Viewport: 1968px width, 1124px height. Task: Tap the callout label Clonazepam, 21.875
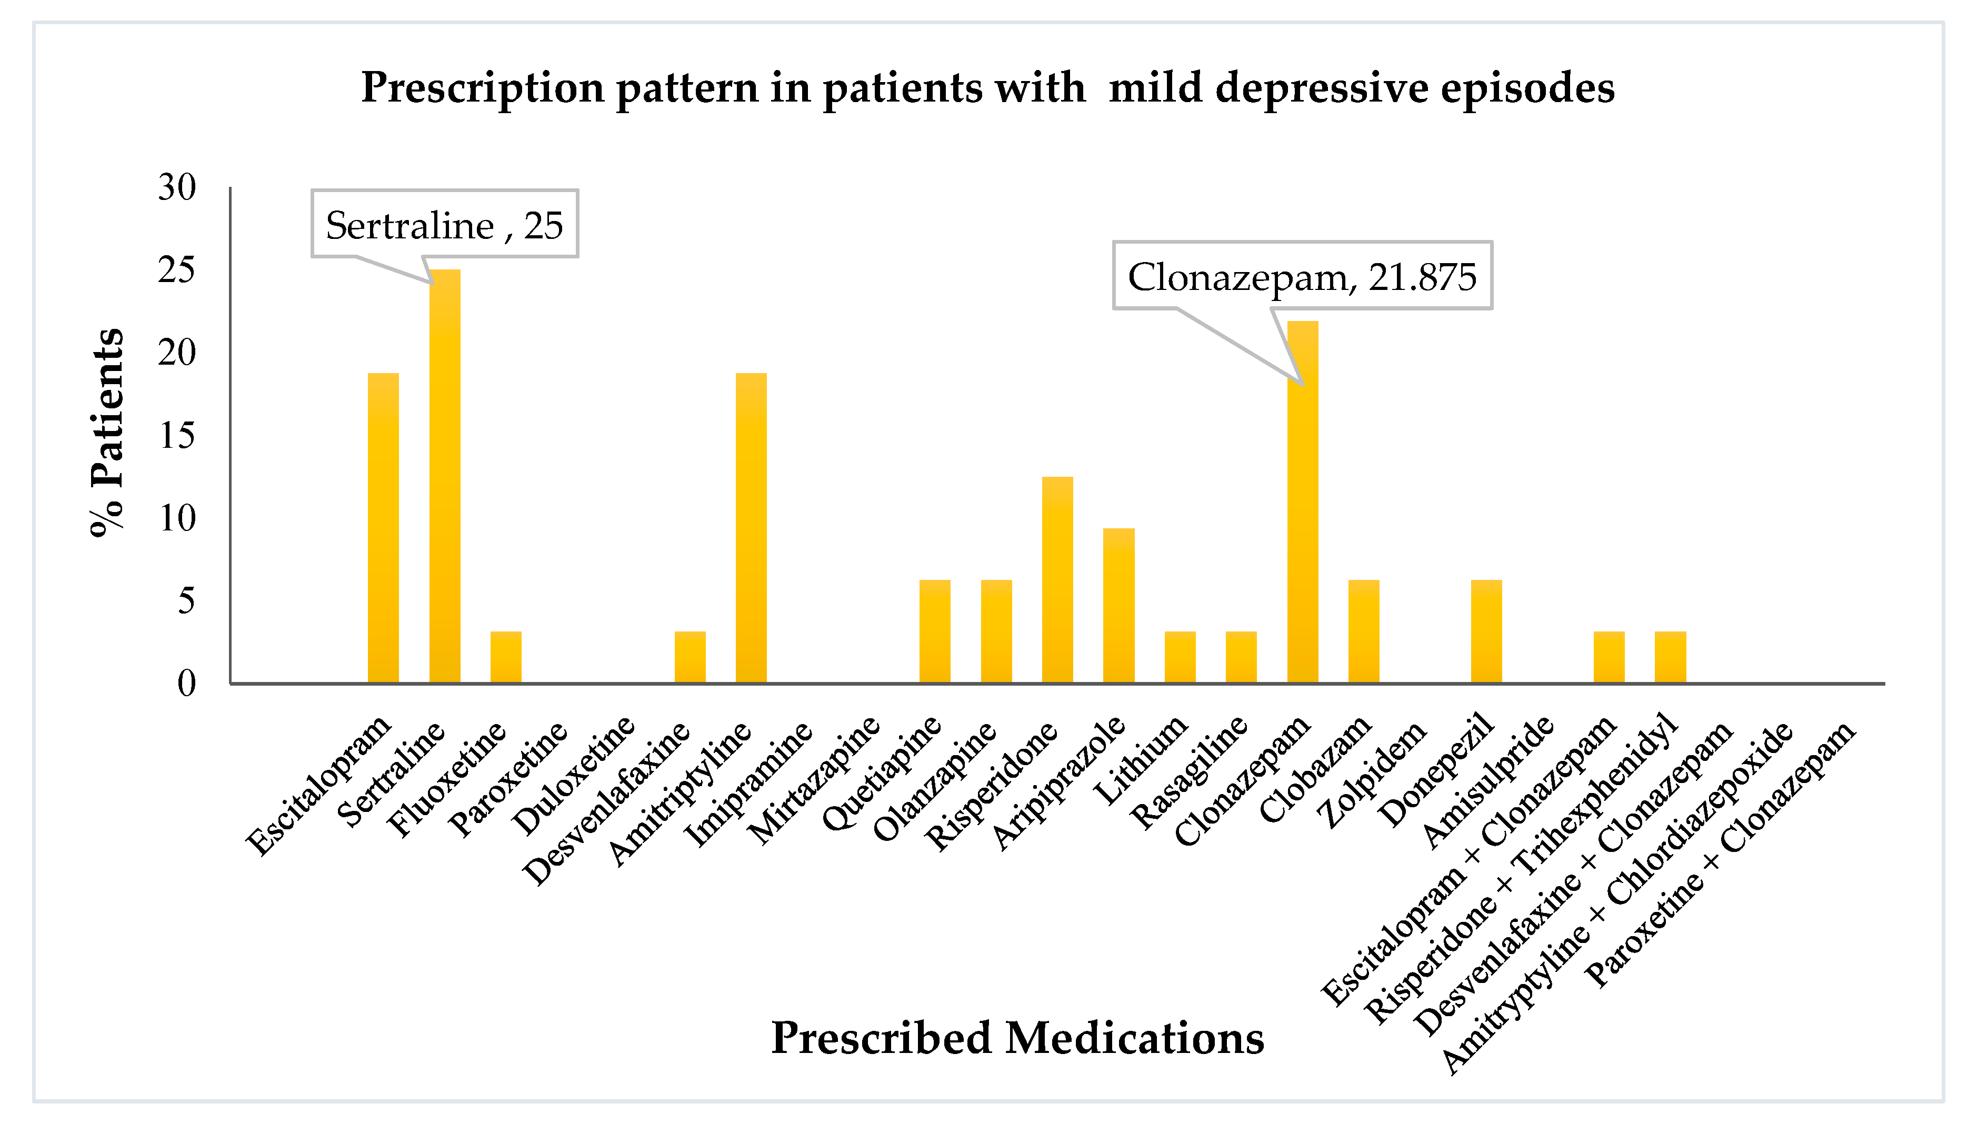[1302, 276]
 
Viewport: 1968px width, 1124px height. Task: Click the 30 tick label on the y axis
[177, 187]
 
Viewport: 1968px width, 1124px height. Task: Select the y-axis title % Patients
[106, 433]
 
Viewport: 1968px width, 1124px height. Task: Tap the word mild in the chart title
[1156, 87]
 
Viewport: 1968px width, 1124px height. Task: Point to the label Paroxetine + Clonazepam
[1720, 853]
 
